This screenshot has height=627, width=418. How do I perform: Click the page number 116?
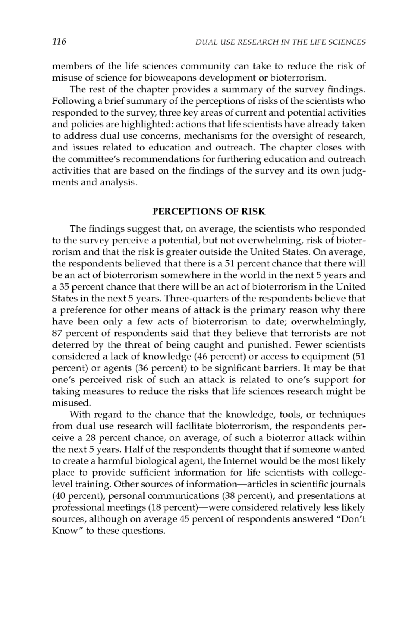[x=59, y=42]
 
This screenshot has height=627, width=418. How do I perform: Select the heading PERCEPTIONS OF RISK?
[x=209, y=212]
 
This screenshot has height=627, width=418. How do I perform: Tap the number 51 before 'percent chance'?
[x=229, y=263]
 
